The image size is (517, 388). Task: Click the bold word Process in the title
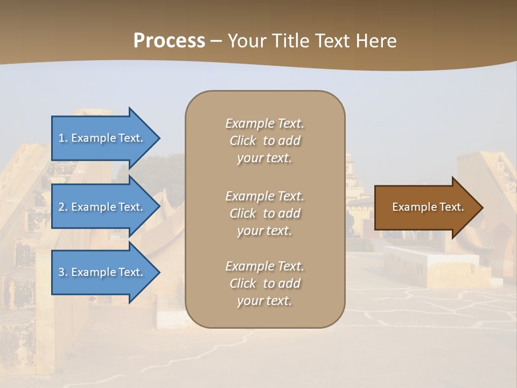coord(169,40)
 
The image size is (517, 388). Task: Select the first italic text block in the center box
coord(264,141)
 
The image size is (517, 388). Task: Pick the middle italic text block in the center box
coord(264,213)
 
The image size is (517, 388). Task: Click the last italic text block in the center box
coord(264,283)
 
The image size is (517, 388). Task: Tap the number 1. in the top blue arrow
coord(63,138)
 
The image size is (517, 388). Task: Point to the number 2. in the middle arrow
coord(63,207)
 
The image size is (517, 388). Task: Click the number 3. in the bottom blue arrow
coord(63,272)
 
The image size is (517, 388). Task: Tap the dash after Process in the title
coord(216,41)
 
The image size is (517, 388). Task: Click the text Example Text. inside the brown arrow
coord(428,207)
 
